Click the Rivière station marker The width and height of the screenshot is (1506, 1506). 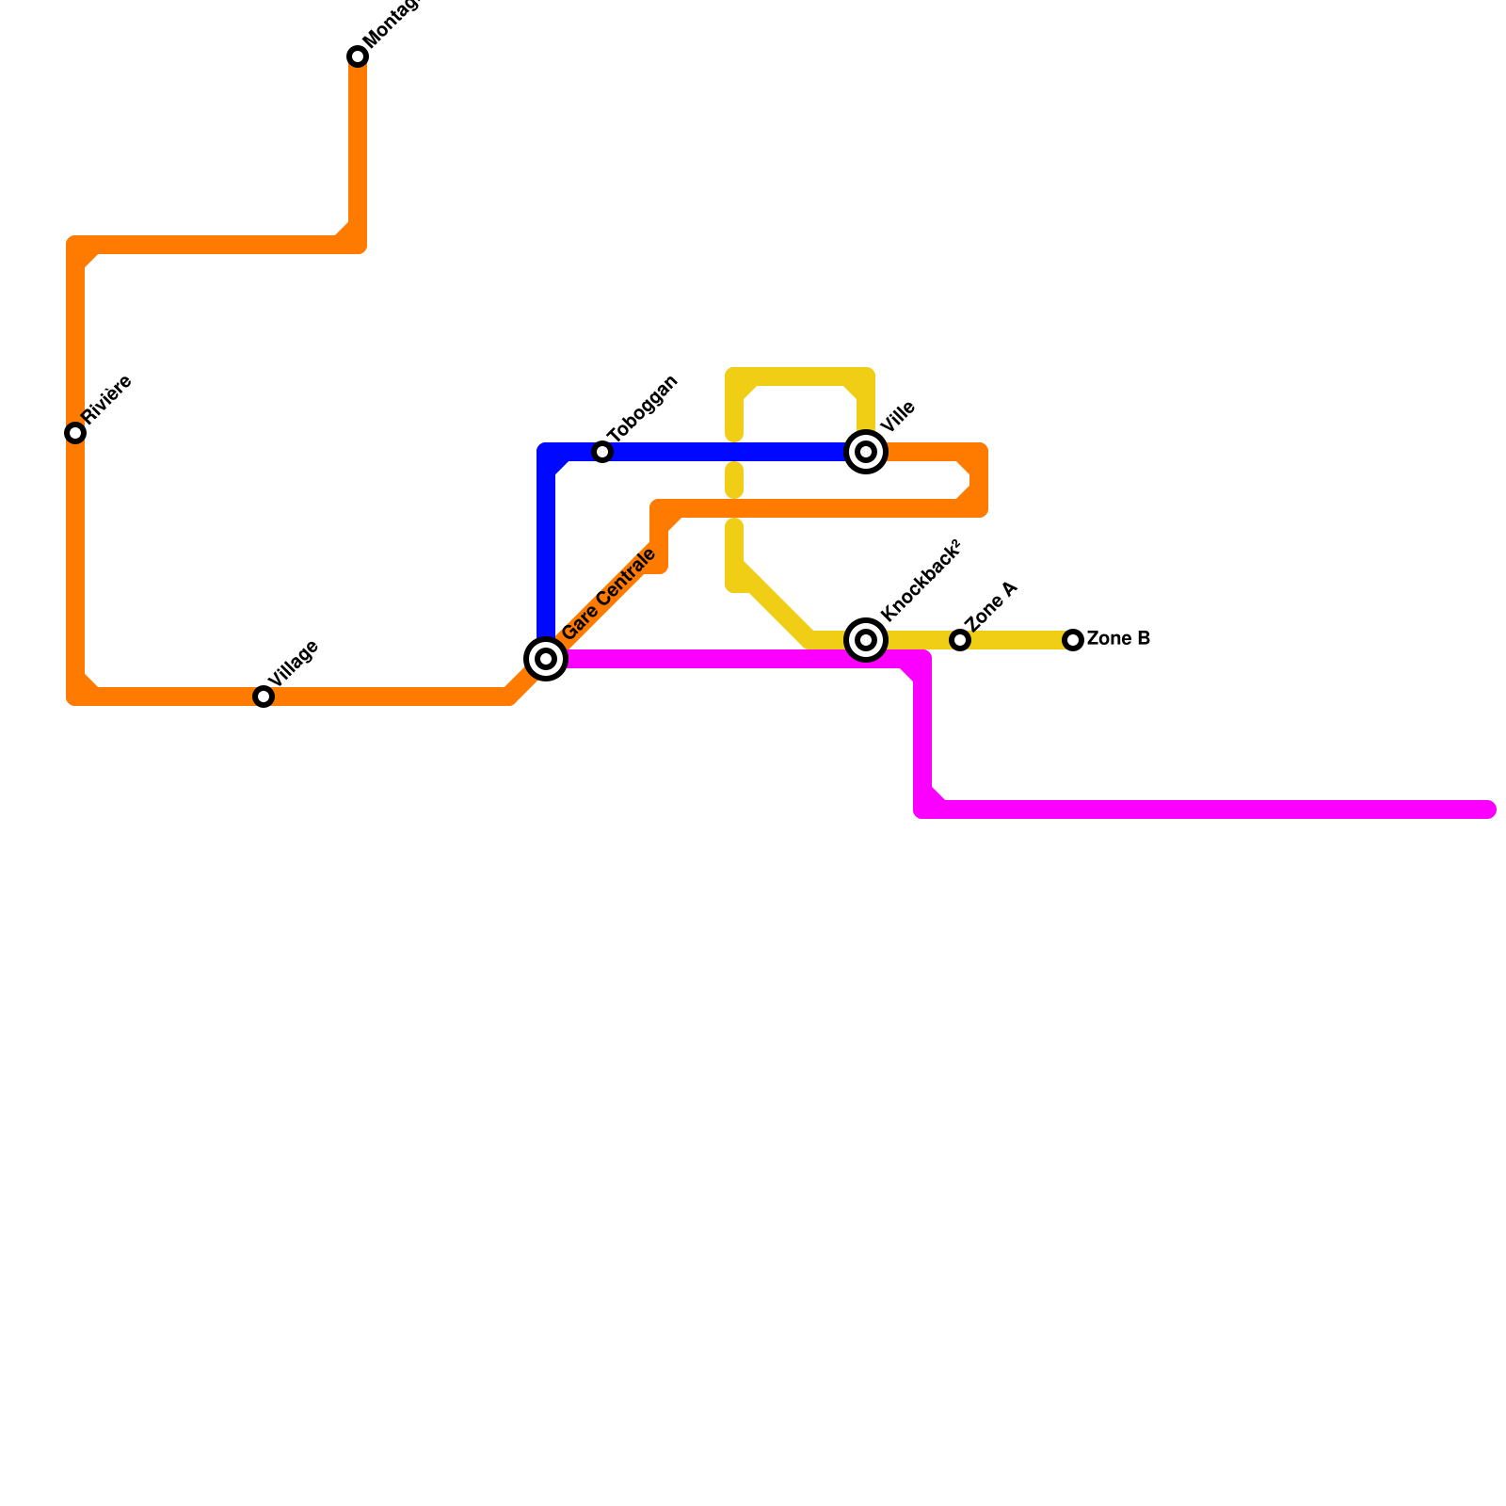(x=75, y=433)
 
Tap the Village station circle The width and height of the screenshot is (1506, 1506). (x=264, y=697)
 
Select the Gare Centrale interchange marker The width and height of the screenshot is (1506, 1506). (x=546, y=658)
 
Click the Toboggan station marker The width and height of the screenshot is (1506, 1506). (x=602, y=452)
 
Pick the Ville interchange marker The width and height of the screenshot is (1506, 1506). (x=866, y=452)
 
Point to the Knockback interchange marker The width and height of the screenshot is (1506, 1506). (x=866, y=640)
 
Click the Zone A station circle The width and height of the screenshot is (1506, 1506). (x=960, y=640)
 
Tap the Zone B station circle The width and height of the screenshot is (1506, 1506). (x=1073, y=640)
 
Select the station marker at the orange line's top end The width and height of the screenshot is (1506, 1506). (x=358, y=56)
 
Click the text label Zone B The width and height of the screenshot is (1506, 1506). (x=1118, y=639)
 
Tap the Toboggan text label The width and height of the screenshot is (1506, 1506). (x=643, y=409)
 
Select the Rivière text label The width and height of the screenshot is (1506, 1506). (x=107, y=399)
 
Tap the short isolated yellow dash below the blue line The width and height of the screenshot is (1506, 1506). (x=734, y=480)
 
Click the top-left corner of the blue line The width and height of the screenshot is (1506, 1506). (x=547, y=453)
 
